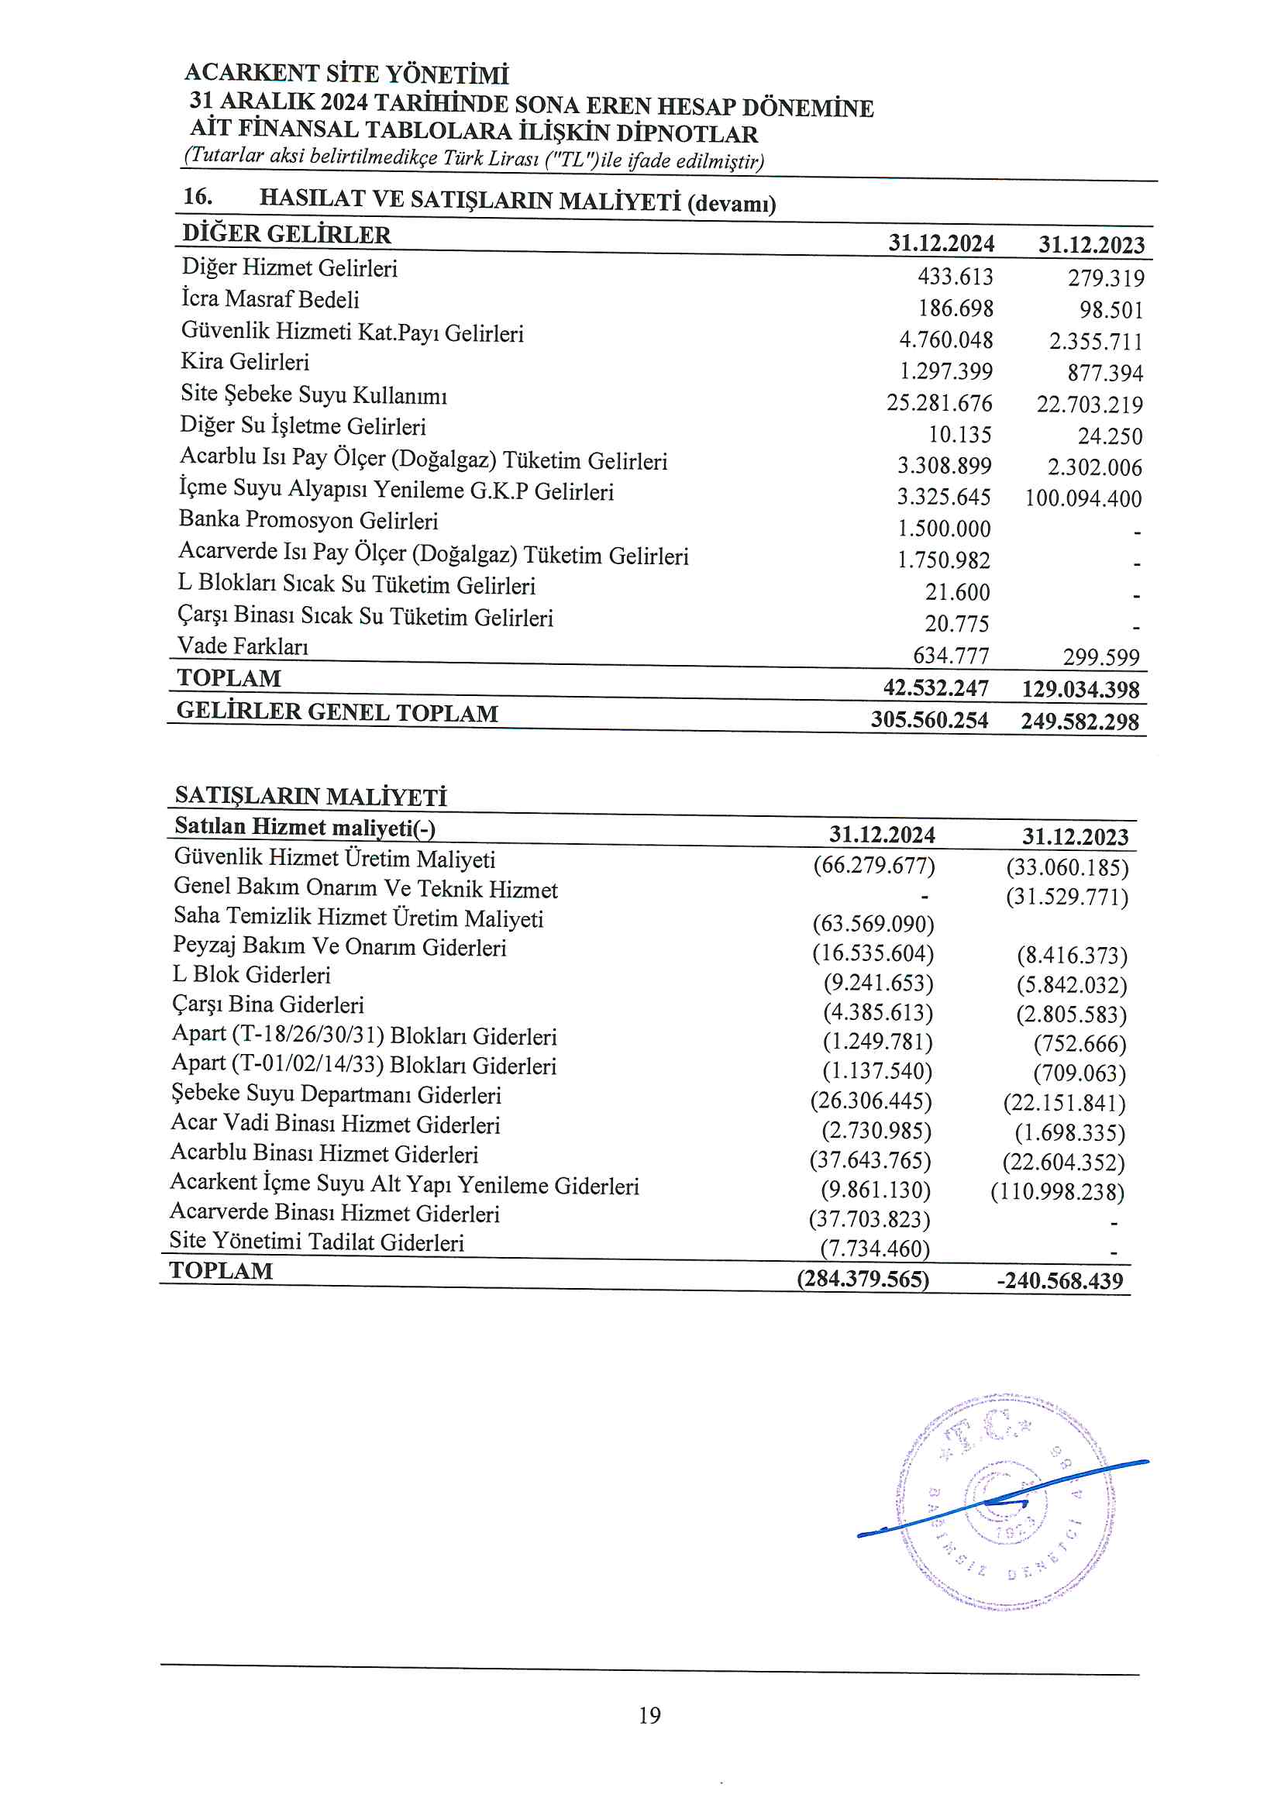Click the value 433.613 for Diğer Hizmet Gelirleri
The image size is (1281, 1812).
click(x=956, y=277)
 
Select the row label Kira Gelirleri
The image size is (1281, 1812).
click(x=245, y=361)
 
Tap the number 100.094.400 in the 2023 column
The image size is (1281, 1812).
click(x=1083, y=499)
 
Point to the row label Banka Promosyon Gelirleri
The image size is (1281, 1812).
click(x=308, y=520)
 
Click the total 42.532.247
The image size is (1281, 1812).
click(x=935, y=688)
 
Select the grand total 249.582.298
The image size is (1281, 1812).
click(x=1080, y=722)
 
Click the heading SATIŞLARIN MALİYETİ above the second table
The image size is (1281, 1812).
click(x=310, y=795)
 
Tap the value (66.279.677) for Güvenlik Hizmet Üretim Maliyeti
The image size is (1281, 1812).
click(x=873, y=866)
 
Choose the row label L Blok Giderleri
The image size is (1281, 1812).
click(x=251, y=976)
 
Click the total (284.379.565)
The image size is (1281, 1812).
click(x=863, y=1279)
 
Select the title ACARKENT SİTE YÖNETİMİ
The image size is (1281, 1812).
click(x=346, y=74)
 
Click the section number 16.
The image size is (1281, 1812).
click(x=198, y=197)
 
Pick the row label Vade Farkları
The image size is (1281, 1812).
click(x=243, y=646)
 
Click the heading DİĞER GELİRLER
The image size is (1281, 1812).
click(x=287, y=234)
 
